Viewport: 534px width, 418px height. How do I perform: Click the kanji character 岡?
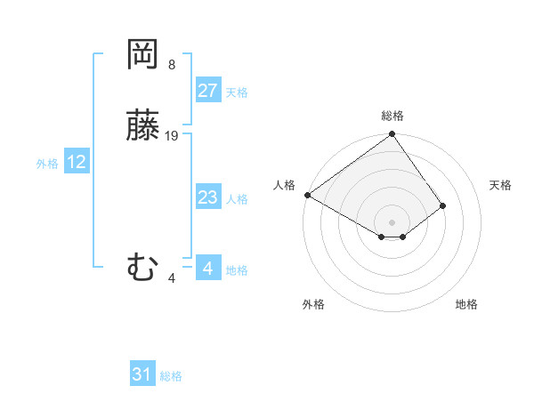pos(142,55)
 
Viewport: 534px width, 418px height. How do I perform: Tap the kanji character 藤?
pos(142,127)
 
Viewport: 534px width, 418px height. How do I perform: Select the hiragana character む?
pos(142,268)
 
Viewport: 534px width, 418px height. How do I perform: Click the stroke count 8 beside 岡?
pos(172,65)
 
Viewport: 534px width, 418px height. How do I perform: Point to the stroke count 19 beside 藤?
pos(172,136)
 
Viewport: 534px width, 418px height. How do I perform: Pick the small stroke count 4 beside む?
pos(172,278)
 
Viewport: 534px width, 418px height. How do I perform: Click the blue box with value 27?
pos(208,91)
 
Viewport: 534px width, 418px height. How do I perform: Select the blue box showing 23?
pos(208,197)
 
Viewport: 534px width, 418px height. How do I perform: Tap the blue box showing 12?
pos(77,162)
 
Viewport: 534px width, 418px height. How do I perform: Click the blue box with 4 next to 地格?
pos(208,268)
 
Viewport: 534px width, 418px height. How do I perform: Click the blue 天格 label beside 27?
pos(237,92)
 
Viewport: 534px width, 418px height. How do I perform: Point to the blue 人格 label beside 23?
pos(237,199)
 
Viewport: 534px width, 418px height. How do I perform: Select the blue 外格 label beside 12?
pos(47,164)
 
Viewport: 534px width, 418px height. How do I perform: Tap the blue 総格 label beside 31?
pos(171,376)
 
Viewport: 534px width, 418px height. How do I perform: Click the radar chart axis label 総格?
pos(392,116)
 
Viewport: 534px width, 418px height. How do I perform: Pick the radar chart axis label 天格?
pos(500,185)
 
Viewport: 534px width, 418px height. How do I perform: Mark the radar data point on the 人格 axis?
pos(307,195)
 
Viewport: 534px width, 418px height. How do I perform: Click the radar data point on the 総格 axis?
pos(392,135)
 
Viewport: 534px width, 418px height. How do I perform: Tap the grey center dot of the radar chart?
pos(392,221)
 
